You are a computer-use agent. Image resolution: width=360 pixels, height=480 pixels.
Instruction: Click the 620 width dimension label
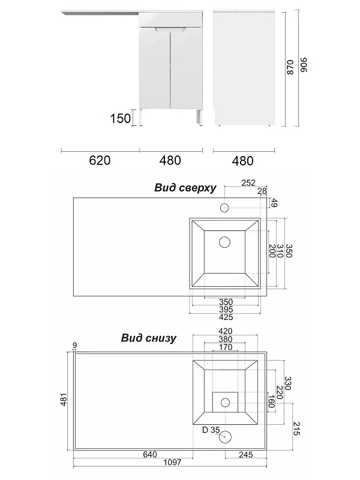100,160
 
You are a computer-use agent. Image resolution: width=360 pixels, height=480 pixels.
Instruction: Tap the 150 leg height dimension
121,118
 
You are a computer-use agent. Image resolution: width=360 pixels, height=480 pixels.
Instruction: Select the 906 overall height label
303,65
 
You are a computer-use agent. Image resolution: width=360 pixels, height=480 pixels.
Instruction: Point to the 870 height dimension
290,67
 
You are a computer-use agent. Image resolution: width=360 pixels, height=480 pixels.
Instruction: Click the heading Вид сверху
185,187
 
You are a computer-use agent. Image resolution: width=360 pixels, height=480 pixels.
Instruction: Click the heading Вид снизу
148,338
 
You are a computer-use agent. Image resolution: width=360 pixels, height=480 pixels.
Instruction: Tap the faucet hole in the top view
224,208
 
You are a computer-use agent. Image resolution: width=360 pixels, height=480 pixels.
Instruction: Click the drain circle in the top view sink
224,242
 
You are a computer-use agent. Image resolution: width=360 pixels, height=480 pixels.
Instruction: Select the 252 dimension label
248,183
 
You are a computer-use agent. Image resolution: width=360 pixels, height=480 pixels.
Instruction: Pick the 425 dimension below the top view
226,317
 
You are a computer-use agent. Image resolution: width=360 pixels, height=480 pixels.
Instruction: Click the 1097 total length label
172,462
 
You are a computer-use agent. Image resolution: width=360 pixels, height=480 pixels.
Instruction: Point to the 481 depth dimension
64,400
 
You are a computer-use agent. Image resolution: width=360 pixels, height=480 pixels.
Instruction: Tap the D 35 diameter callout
211,430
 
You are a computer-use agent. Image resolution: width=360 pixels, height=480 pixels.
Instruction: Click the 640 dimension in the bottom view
150,454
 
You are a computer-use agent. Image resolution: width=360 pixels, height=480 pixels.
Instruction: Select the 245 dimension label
246,455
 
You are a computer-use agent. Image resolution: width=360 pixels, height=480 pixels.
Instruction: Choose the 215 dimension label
296,428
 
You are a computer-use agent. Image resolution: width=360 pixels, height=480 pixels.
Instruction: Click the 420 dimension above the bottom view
226,331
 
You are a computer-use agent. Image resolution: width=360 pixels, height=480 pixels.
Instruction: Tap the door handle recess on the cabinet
170,29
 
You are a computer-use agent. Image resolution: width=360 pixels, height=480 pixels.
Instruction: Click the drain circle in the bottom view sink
225,402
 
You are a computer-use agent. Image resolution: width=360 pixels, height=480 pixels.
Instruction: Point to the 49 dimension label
274,203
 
